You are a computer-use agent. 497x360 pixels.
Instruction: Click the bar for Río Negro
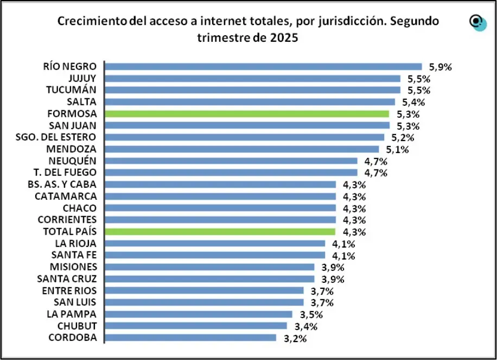coord(263,67)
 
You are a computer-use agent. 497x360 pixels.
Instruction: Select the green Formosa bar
coord(246,114)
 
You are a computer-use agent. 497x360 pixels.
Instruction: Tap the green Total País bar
coord(220,232)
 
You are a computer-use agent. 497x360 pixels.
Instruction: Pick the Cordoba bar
coord(190,338)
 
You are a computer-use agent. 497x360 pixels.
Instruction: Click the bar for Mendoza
coord(241,149)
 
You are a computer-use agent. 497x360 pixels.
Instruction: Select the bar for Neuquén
coord(231,161)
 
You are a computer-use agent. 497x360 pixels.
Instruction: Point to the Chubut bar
coord(195,326)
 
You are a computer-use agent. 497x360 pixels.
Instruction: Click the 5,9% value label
coord(440,67)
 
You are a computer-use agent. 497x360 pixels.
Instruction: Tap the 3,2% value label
coord(296,338)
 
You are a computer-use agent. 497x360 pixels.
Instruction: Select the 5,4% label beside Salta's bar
coord(413,102)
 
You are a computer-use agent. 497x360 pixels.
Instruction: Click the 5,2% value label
coord(403,137)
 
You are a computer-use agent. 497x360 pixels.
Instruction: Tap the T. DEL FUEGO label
coord(65,172)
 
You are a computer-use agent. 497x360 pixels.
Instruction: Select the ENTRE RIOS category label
coord(69,290)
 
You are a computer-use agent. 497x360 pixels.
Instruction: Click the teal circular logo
coord(478,23)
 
